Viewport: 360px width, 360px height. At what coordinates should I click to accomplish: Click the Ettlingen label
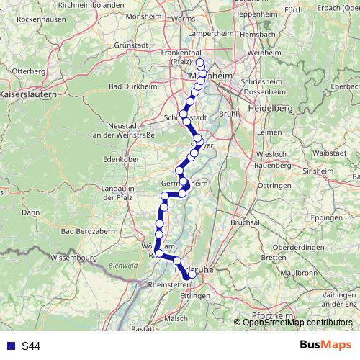pos(195,296)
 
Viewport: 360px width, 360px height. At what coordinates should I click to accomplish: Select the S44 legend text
pos(31,346)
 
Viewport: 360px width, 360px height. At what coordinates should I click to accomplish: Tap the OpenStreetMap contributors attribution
pos(297,323)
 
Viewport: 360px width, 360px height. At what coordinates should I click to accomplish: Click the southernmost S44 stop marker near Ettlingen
pos(192,274)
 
